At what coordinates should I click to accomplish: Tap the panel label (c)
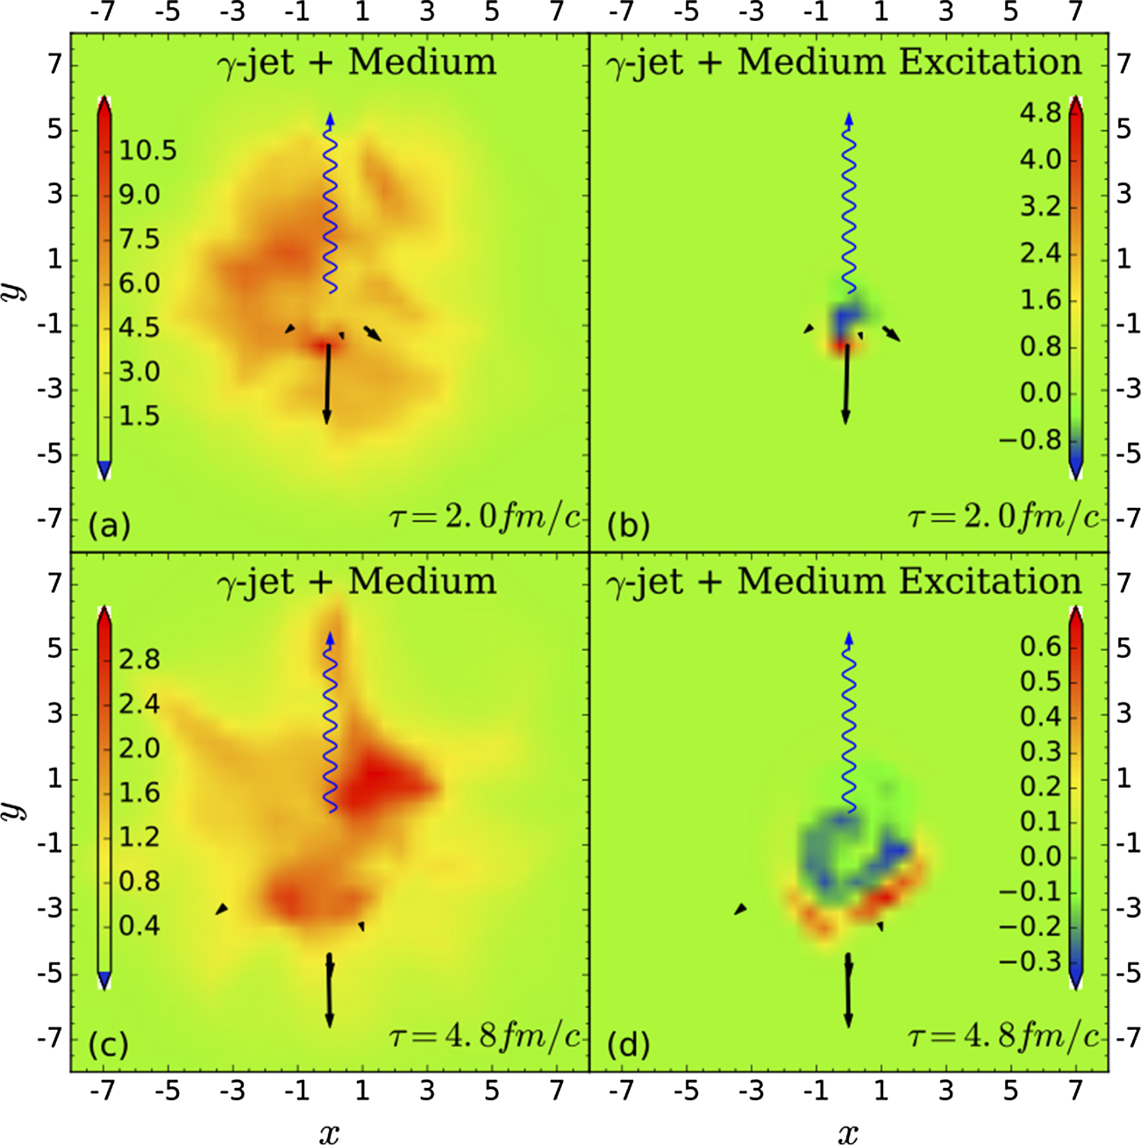(x=109, y=1044)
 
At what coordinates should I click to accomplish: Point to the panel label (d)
(x=628, y=1044)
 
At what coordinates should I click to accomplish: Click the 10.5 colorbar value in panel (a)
(x=148, y=150)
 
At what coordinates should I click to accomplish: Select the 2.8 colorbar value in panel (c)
(x=139, y=659)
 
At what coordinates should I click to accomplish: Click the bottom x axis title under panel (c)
(x=329, y=1133)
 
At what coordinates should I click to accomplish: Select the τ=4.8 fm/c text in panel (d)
(x=1002, y=1037)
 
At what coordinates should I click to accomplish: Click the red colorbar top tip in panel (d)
(x=1076, y=618)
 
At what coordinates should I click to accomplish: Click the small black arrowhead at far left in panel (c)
(x=222, y=909)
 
